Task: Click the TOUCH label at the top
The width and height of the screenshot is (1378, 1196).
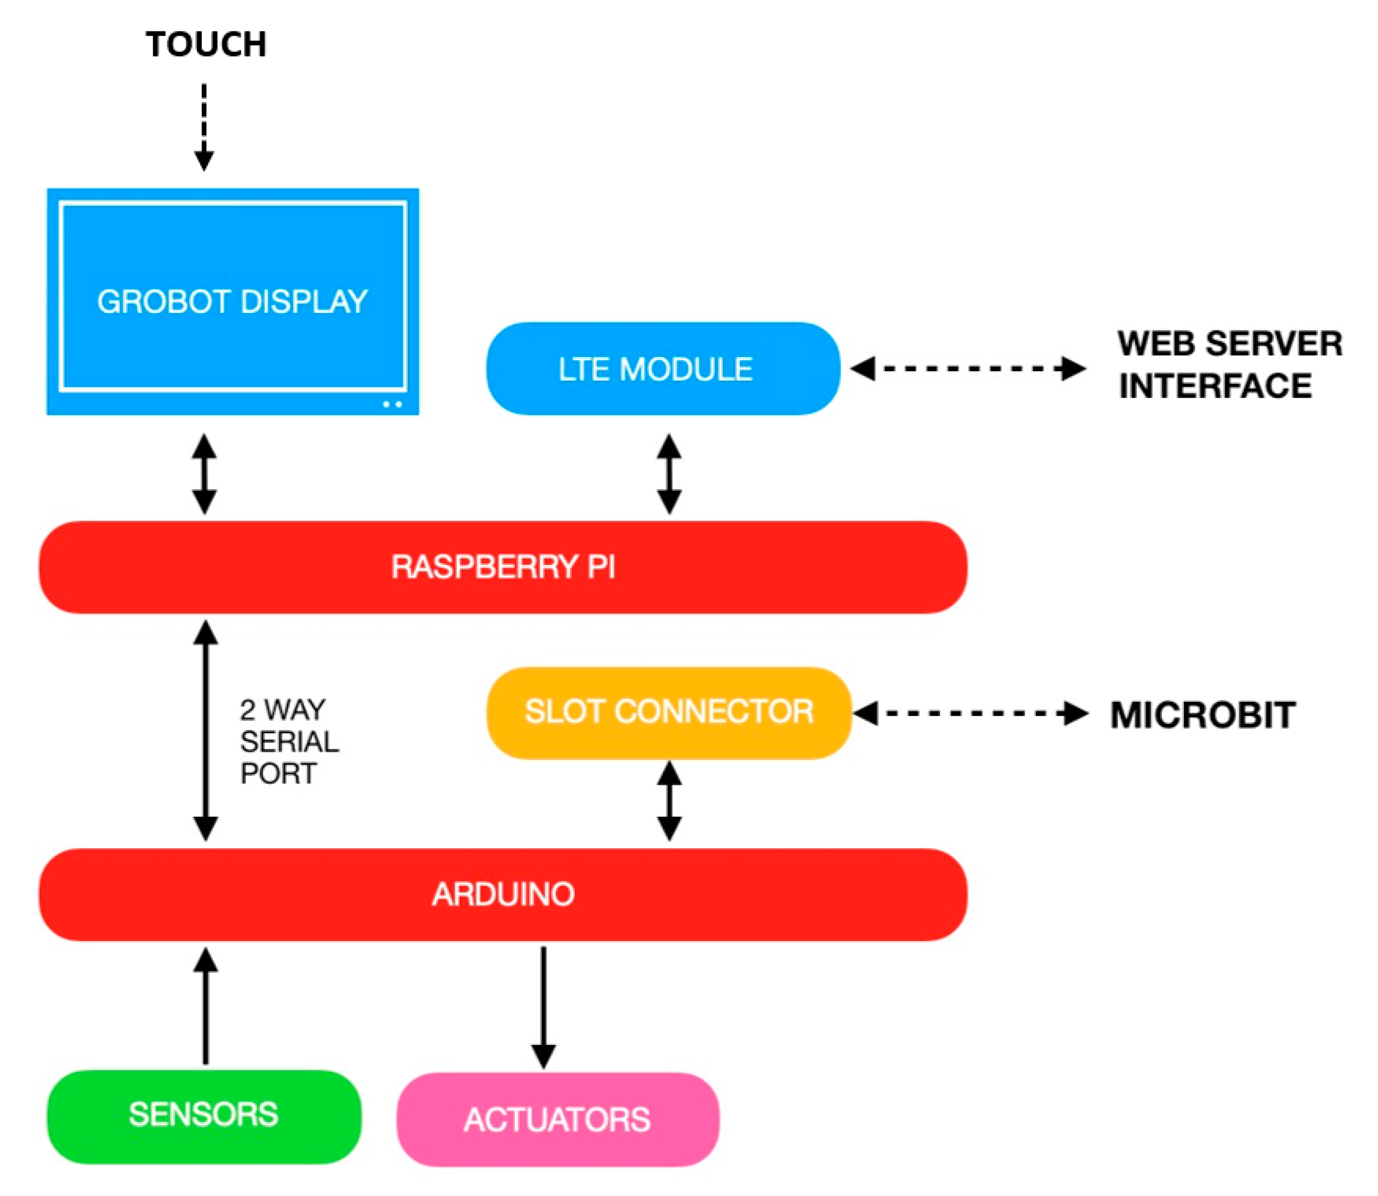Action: (x=206, y=45)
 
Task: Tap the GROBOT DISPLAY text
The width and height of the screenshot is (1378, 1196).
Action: (x=232, y=302)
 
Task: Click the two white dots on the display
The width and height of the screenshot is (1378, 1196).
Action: (x=392, y=404)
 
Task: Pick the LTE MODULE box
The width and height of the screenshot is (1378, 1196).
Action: (x=662, y=368)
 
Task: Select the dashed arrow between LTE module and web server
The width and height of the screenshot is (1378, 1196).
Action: (x=968, y=368)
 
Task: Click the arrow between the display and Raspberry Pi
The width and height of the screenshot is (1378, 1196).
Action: (x=204, y=474)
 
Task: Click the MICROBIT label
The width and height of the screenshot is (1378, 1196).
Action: (x=1202, y=715)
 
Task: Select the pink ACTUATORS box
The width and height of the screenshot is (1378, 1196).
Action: (x=557, y=1119)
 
